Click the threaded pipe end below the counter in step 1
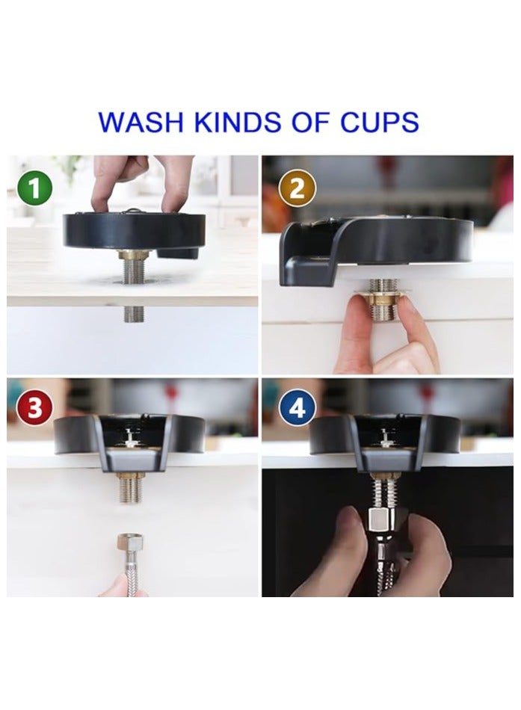point(134,312)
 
